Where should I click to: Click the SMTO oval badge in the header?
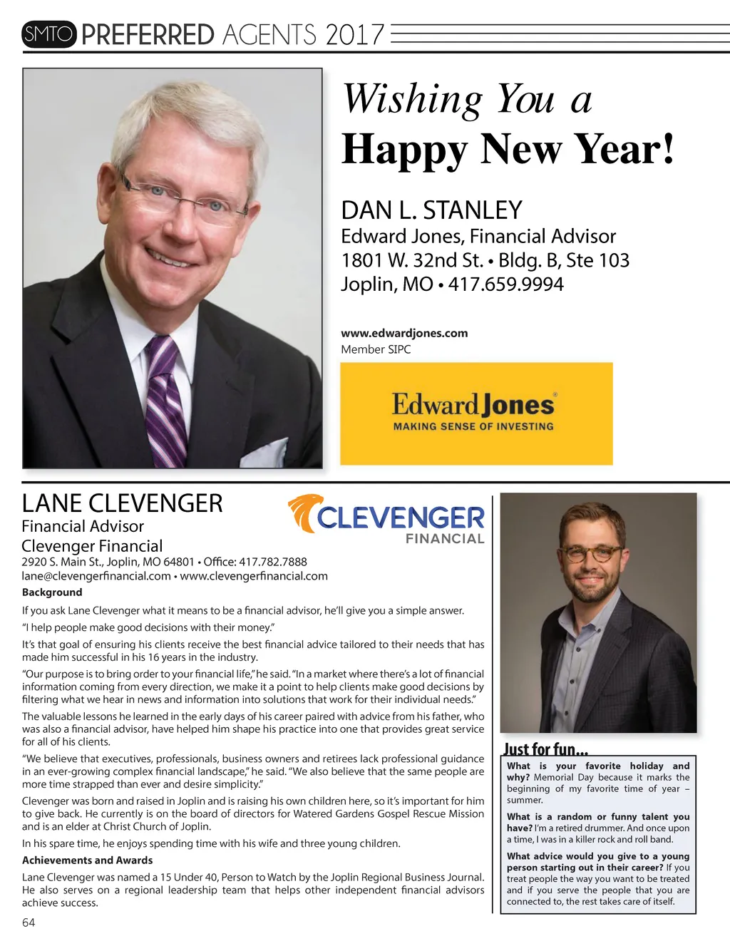pyautogui.click(x=48, y=34)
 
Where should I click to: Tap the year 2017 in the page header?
pyautogui.click(x=354, y=35)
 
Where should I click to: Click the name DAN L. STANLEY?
pyautogui.click(x=431, y=210)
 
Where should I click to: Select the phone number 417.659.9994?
pyautogui.click(x=505, y=284)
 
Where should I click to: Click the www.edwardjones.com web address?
pyautogui.click(x=404, y=333)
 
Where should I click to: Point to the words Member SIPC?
pyautogui.click(x=376, y=349)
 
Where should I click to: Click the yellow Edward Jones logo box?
pyautogui.click(x=476, y=413)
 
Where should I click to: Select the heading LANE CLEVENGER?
pyautogui.click(x=122, y=503)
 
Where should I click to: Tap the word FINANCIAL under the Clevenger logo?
pyautogui.click(x=445, y=539)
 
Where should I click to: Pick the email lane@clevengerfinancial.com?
pyautogui.click(x=96, y=576)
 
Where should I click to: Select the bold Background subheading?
pyautogui.click(x=52, y=592)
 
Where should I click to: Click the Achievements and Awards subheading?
pyautogui.click(x=87, y=860)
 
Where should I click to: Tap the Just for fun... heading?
pyautogui.click(x=545, y=749)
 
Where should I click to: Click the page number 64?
pyautogui.click(x=29, y=922)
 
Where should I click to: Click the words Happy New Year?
pyautogui.click(x=508, y=150)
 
